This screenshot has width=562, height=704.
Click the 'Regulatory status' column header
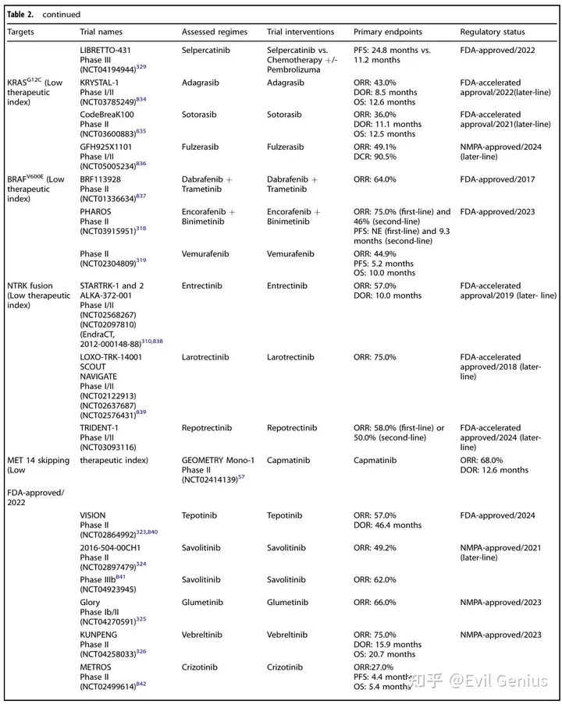(492, 32)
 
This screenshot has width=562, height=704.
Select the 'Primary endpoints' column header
(387, 32)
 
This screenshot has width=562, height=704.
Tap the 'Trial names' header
(101, 32)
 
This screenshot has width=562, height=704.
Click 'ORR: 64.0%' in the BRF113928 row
(375, 179)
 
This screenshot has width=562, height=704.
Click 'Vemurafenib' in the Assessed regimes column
(205, 253)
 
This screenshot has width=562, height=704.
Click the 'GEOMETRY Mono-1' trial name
(218, 460)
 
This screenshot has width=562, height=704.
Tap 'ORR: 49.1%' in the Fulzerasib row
(375, 147)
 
